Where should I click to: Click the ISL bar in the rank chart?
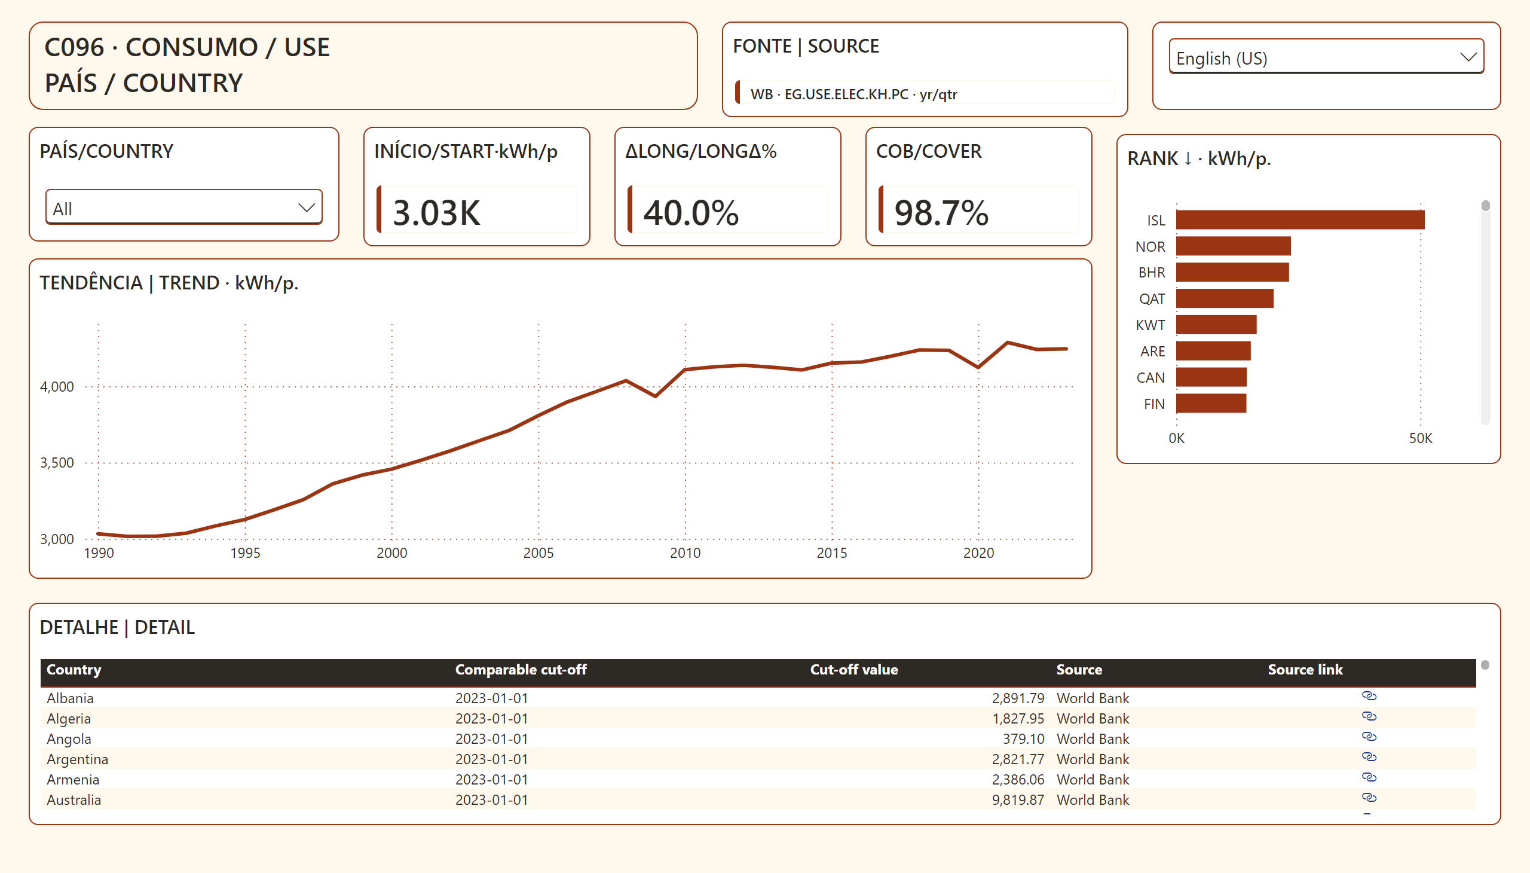tap(1300, 219)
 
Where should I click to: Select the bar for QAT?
tap(1225, 298)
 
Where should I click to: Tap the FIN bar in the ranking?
tap(1211, 404)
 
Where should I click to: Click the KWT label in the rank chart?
tap(1150, 325)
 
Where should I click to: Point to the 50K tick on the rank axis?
tap(1420, 438)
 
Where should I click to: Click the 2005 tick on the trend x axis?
tap(538, 553)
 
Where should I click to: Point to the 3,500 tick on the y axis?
tap(57, 463)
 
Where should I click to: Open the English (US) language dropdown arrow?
tap(1468, 57)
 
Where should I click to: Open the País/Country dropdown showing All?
tap(184, 207)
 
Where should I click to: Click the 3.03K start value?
tap(436, 212)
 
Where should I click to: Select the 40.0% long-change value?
tap(691, 212)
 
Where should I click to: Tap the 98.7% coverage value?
tap(941, 212)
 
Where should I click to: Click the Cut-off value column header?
tap(854, 670)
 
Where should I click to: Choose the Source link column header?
tap(1305, 670)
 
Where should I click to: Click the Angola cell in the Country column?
tap(69, 738)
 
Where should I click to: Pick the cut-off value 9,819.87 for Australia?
tap(1018, 800)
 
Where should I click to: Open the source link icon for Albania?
tap(1369, 696)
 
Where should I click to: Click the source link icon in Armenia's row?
tap(1369, 777)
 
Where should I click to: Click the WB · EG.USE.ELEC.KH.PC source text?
tap(854, 94)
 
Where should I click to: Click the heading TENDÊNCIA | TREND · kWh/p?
tap(169, 282)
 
